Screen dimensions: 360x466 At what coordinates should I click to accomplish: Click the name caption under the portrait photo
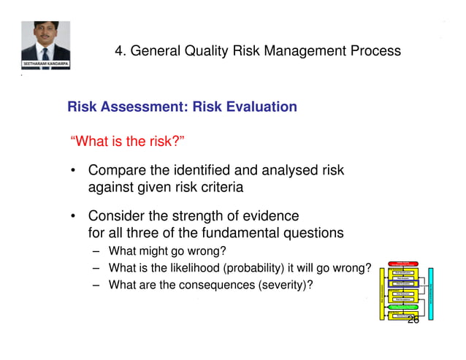click(x=45, y=65)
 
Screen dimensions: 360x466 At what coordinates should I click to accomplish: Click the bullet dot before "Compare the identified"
click(x=75, y=172)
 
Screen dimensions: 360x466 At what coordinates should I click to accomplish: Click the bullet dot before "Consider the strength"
click(x=75, y=218)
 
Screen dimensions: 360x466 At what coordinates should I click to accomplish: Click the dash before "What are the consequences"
click(x=96, y=285)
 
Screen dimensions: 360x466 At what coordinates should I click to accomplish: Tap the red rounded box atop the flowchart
click(x=405, y=265)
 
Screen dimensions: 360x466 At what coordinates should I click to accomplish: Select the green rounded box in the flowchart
click(x=405, y=307)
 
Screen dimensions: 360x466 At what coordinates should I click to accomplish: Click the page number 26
click(x=413, y=319)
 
